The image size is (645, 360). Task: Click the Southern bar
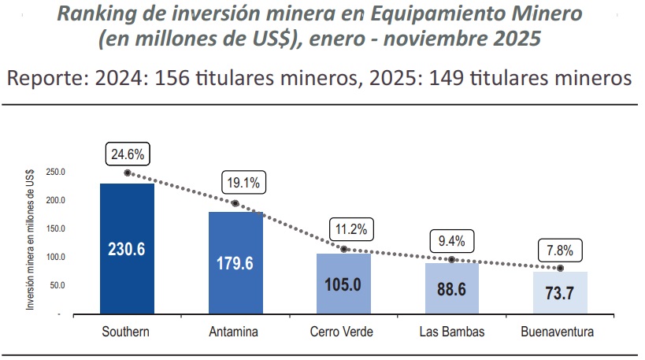(127, 248)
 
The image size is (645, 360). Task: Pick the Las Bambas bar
(451, 288)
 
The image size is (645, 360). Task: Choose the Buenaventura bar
(560, 293)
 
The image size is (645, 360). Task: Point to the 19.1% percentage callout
(244, 183)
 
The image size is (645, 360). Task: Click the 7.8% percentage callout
(560, 250)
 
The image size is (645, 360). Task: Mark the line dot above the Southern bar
(127, 173)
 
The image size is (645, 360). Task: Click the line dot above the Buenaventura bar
(560, 268)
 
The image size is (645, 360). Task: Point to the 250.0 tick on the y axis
(56, 172)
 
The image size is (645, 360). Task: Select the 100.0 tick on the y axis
(56, 257)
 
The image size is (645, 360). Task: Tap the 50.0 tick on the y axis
(57, 285)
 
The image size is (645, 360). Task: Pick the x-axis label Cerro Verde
(343, 332)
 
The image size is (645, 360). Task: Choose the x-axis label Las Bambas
(451, 332)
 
